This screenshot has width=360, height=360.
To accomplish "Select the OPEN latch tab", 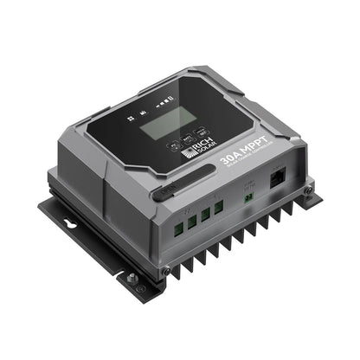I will [164, 195].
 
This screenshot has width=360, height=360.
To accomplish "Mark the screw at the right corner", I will [307, 190].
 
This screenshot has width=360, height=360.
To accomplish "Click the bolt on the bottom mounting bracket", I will [132, 279].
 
